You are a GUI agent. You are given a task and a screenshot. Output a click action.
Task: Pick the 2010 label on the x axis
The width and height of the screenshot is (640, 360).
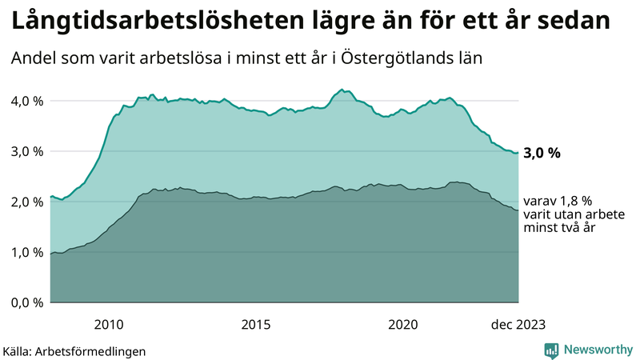[109, 324]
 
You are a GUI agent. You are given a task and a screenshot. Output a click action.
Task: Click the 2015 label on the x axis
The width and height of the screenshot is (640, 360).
[256, 324]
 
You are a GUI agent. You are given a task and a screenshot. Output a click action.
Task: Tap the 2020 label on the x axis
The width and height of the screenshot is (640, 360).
[402, 324]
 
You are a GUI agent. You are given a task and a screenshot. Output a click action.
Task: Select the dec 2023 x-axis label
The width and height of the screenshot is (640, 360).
[518, 324]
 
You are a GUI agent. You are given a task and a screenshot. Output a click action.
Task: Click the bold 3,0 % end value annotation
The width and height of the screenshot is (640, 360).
[542, 153]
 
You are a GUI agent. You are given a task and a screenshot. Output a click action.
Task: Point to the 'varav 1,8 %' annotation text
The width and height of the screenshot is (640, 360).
[558, 201]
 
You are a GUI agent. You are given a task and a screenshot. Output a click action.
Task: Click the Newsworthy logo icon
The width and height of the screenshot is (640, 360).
[551, 350]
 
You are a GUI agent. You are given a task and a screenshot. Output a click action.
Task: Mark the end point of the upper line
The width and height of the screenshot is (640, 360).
[518, 152]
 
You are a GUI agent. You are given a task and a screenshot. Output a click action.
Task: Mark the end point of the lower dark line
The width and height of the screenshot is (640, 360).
[518, 211]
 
